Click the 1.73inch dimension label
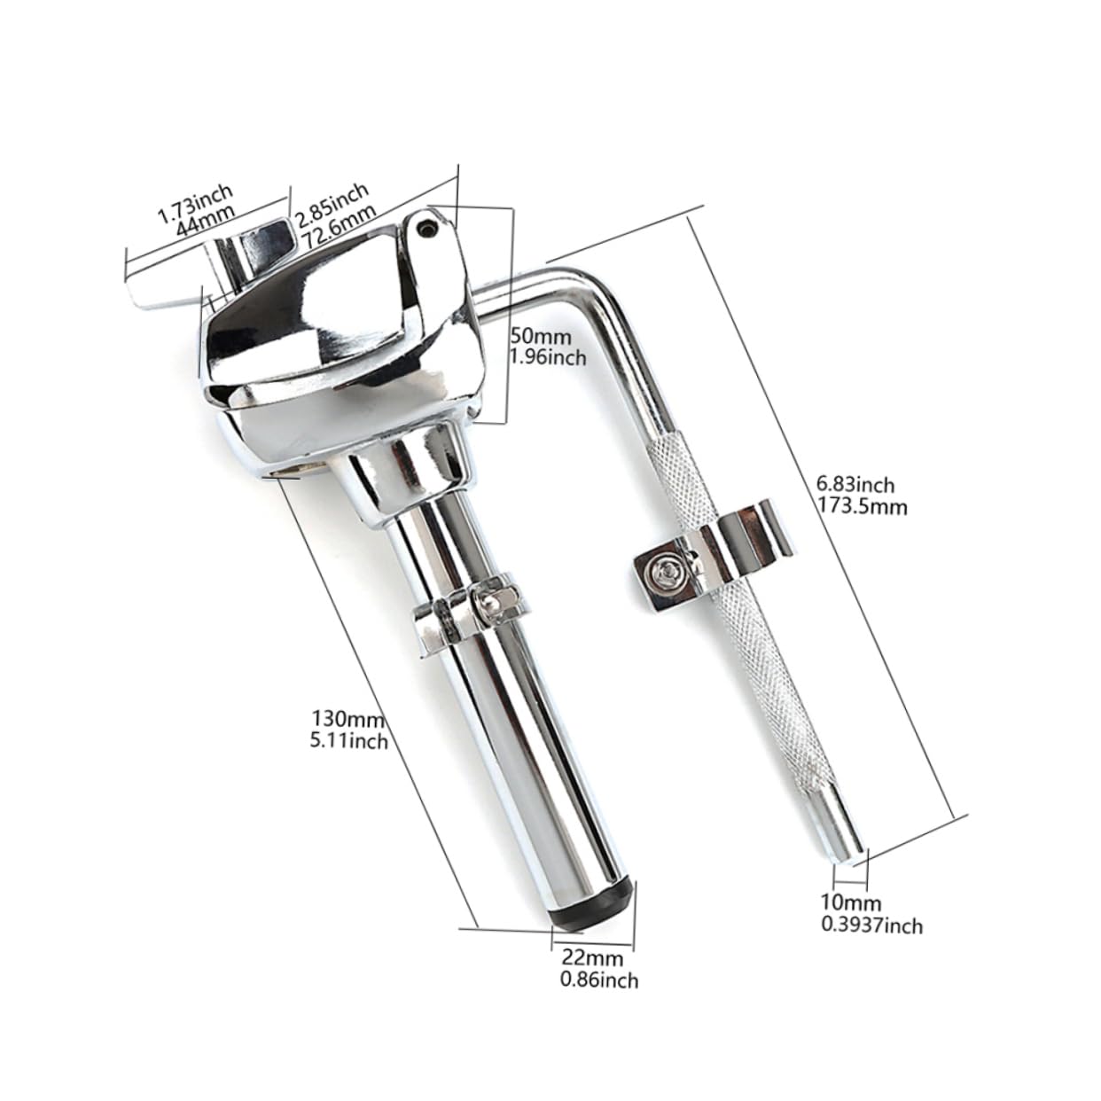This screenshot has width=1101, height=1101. (194, 202)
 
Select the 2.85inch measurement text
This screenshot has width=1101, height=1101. (332, 203)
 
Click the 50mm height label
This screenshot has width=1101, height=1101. (542, 337)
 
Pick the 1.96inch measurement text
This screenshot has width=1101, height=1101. (550, 357)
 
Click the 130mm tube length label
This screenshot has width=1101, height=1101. (341, 717)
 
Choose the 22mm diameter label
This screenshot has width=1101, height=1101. (592, 957)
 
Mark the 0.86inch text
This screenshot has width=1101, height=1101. (599, 980)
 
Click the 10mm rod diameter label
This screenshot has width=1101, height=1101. (850, 903)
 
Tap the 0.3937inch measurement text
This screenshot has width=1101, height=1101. (872, 925)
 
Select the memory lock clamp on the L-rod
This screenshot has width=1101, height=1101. (710, 557)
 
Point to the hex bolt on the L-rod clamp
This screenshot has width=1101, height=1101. (663, 570)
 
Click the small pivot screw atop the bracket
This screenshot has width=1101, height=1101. (429, 229)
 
